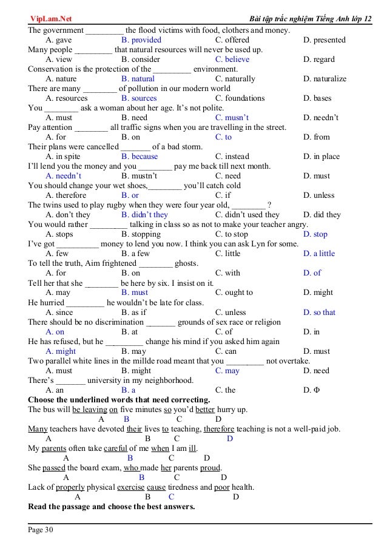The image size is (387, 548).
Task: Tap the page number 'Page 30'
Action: (x=41, y=530)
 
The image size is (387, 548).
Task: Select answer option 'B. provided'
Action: (x=141, y=40)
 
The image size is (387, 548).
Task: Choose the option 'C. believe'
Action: (x=232, y=59)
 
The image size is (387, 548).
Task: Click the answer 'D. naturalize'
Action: (x=325, y=79)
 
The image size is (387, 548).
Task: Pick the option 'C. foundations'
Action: (x=240, y=98)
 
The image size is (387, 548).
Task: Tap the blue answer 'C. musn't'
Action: (x=232, y=118)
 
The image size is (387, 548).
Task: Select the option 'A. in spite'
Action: (x=63, y=157)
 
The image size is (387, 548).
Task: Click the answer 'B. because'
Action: (x=140, y=157)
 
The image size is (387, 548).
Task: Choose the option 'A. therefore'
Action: (x=66, y=195)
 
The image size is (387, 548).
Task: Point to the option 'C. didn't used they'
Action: (x=247, y=215)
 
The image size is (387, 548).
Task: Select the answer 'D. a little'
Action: (x=319, y=254)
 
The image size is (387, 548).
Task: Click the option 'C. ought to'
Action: (x=234, y=293)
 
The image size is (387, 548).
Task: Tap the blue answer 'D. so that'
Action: (x=320, y=313)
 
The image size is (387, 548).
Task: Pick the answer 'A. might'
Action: (x=61, y=351)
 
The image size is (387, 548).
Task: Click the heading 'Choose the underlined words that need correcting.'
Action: (x=119, y=400)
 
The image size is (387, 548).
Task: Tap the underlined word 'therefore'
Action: (x=219, y=429)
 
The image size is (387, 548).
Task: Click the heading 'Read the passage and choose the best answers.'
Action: (x=112, y=506)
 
